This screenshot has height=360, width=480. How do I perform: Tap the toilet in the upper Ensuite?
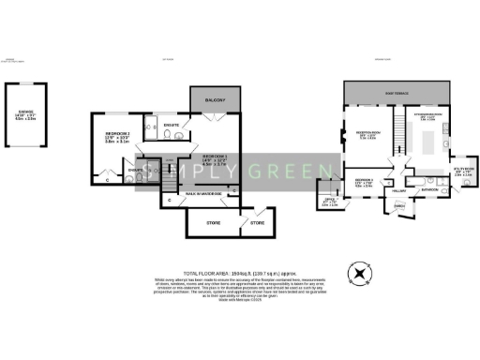click(165, 135)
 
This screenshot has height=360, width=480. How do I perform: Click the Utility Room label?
click(460, 171)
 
